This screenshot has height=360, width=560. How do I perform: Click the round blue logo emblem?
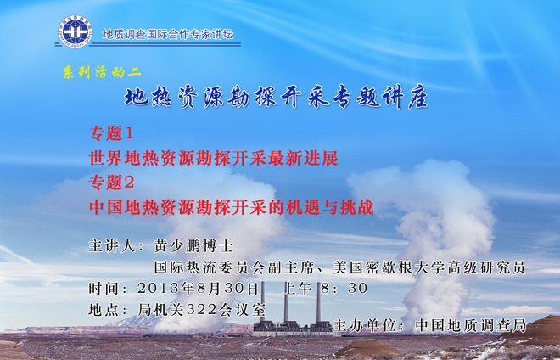point(76,31)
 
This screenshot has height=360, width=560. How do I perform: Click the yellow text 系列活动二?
point(102,72)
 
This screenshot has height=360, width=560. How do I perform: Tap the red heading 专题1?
point(111,133)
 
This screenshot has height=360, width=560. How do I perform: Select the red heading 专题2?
point(111,183)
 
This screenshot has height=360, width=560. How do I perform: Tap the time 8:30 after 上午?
point(344,288)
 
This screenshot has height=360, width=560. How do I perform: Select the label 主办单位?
point(364,325)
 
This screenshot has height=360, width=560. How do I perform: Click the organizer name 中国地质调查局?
point(471,325)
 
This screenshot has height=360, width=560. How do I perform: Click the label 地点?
point(104,310)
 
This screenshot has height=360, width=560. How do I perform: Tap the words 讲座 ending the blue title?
point(406,97)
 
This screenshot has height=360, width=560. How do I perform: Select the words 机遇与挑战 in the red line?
point(329,207)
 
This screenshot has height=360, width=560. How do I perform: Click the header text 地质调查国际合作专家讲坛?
point(168,34)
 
